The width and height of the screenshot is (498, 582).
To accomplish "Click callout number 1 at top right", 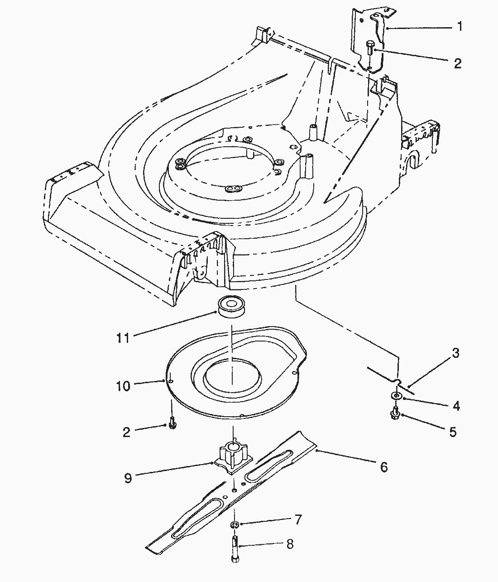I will (460, 27).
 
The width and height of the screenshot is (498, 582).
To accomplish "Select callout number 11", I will (123, 338).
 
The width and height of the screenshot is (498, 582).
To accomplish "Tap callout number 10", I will (123, 386).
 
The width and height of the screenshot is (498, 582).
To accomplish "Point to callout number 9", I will (128, 478).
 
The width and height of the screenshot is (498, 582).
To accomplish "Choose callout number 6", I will (383, 467).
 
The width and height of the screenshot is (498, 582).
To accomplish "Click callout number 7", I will (297, 519).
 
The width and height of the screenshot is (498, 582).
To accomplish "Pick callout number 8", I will (290, 544).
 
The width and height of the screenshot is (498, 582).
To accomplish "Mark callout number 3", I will (455, 353).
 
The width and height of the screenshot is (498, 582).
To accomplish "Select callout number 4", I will (456, 406).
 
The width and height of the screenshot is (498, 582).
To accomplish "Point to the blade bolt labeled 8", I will (235, 548).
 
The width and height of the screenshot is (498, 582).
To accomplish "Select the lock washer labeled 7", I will (235, 524).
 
